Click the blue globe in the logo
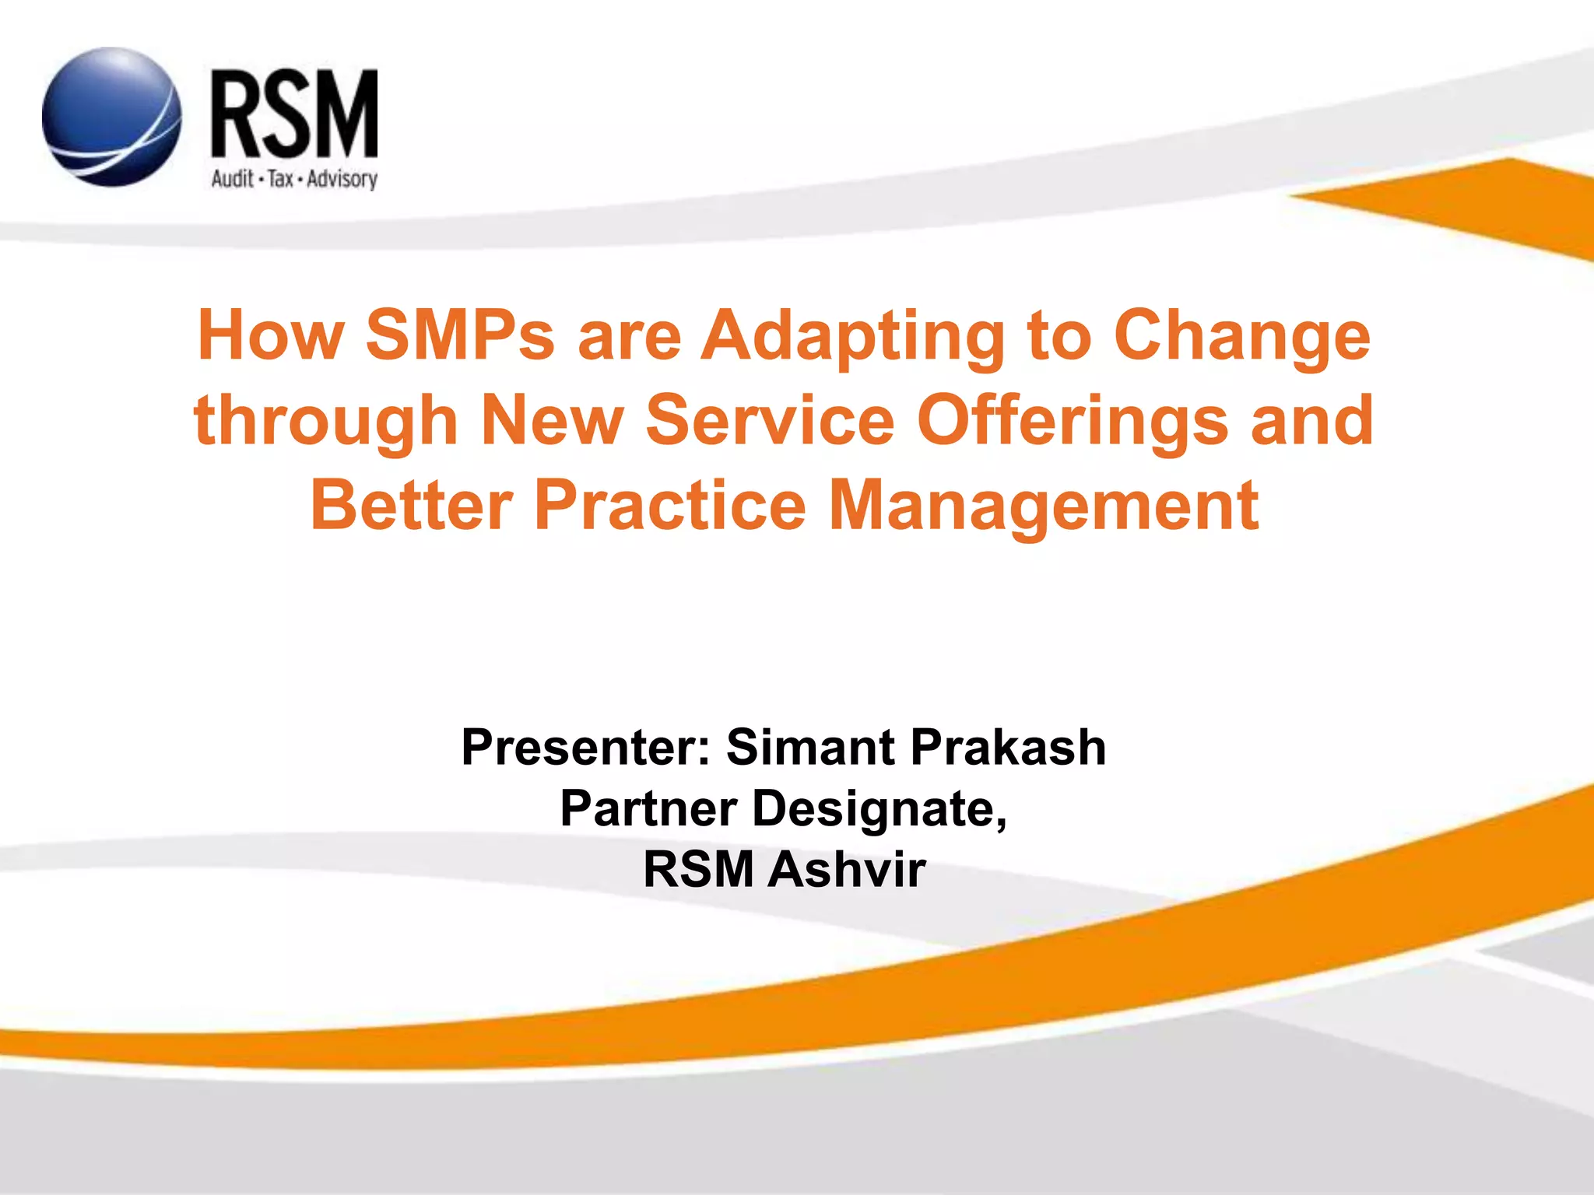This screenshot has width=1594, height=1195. point(111,117)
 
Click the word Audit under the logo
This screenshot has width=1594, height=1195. point(232,179)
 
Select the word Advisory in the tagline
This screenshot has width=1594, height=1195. point(342,180)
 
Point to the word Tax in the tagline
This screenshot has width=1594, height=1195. point(280,179)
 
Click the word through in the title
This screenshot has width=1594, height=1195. point(326,421)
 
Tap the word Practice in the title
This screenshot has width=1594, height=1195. point(670,505)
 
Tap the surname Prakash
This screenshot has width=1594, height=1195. point(1008,748)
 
